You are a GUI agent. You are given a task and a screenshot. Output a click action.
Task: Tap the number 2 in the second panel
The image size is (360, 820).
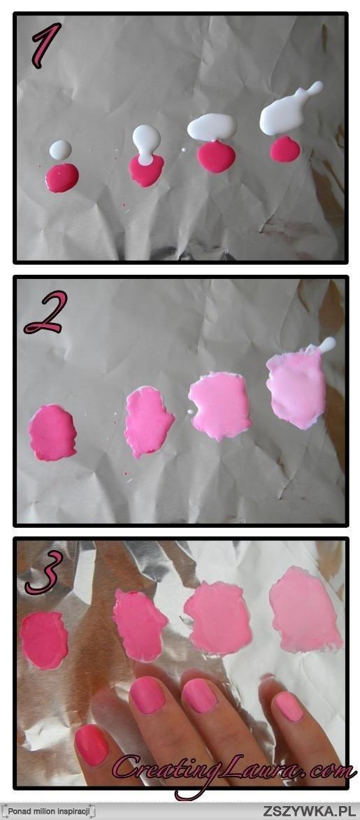(x=45, y=312)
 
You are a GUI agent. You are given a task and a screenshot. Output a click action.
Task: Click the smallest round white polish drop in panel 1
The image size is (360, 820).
(x=60, y=150)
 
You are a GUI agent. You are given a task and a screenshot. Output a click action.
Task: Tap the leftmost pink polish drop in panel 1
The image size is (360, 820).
(x=62, y=178)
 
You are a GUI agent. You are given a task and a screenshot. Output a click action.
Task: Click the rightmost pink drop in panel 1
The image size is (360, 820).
(x=285, y=150)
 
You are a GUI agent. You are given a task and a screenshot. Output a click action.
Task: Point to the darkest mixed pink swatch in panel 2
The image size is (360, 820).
(x=52, y=433)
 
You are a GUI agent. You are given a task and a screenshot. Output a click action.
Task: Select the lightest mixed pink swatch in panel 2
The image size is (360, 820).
(x=296, y=387)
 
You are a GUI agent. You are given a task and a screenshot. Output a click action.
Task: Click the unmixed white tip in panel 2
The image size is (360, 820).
(x=328, y=344)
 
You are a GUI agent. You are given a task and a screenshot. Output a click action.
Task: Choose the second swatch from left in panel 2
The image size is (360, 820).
(x=149, y=421)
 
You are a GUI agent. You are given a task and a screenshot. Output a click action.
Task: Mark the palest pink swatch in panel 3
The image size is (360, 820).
(x=305, y=610)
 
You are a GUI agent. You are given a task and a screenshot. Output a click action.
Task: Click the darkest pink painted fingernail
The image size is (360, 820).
(x=92, y=745)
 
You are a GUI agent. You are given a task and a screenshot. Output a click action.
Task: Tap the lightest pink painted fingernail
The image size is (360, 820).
(x=289, y=706)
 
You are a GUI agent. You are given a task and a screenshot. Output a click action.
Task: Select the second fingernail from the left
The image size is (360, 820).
(x=148, y=695)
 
